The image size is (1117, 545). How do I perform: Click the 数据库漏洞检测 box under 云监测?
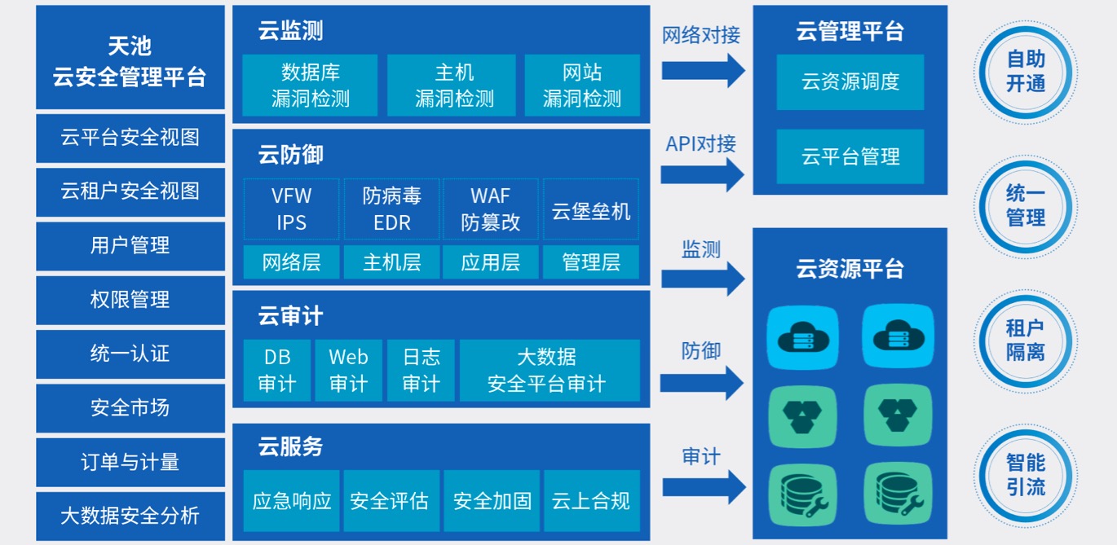tap(310, 86)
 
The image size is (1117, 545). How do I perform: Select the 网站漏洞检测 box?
tap(582, 86)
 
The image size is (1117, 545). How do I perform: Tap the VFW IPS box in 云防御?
tap(292, 209)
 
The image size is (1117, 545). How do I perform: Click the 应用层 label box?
tap(490, 262)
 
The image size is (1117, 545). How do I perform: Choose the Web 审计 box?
tap(348, 371)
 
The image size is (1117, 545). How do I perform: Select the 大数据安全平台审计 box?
tap(546, 371)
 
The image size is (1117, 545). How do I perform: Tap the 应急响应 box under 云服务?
tap(292, 500)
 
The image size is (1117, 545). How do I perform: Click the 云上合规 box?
tap(591, 500)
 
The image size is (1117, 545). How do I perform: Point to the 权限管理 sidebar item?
tap(130, 300)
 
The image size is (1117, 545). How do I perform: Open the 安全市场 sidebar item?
tap(130, 407)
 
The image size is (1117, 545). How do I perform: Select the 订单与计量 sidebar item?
tap(130, 462)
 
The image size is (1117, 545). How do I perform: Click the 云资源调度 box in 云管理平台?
tap(850, 82)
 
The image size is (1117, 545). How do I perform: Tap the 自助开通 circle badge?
tap(1026, 72)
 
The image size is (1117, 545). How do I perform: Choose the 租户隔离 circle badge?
tap(1026, 341)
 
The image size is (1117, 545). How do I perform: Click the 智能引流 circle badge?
tap(1026, 476)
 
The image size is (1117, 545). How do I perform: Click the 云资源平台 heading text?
tap(850, 268)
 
